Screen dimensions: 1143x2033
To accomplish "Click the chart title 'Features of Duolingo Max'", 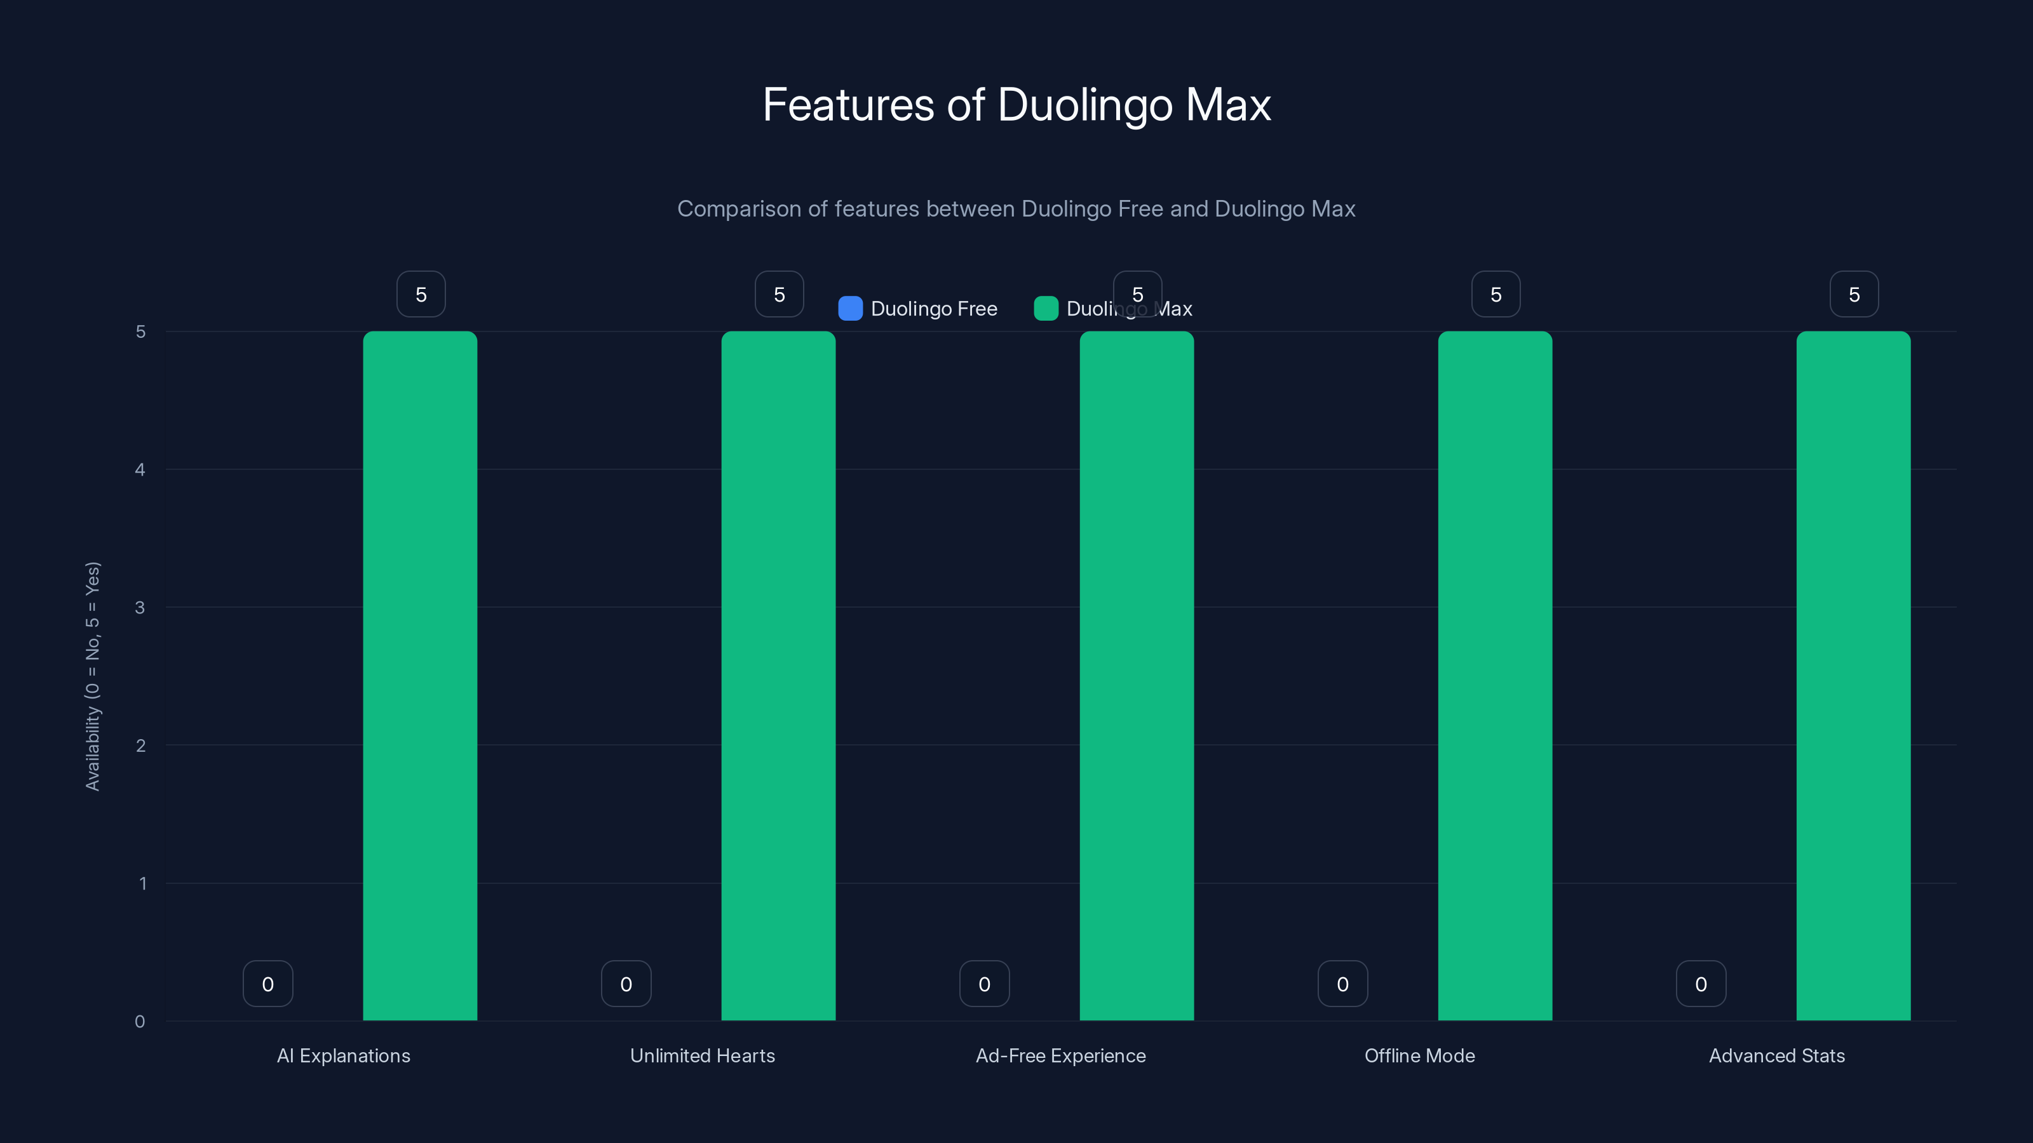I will [x=1016, y=105].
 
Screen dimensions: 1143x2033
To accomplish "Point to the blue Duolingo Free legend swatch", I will [x=850, y=309].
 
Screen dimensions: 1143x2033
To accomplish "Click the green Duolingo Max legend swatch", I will [x=1046, y=309].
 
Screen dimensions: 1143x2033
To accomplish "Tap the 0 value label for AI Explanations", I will [x=267, y=984].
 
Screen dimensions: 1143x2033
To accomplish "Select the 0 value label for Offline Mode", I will [x=1342, y=984].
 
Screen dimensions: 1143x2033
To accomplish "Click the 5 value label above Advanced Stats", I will [x=1854, y=294].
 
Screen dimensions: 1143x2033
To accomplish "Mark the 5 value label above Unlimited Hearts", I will [x=779, y=294].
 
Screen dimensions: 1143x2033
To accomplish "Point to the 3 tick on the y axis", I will [x=140, y=608].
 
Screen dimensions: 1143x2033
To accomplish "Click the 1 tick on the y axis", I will [x=143, y=883].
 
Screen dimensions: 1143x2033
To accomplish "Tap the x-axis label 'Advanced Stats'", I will [x=1776, y=1055].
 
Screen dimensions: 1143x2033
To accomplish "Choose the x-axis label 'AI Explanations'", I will [x=343, y=1055].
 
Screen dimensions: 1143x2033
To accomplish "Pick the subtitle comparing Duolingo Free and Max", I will [x=1016, y=209].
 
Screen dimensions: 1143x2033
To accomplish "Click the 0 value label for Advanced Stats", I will [x=1701, y=984].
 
